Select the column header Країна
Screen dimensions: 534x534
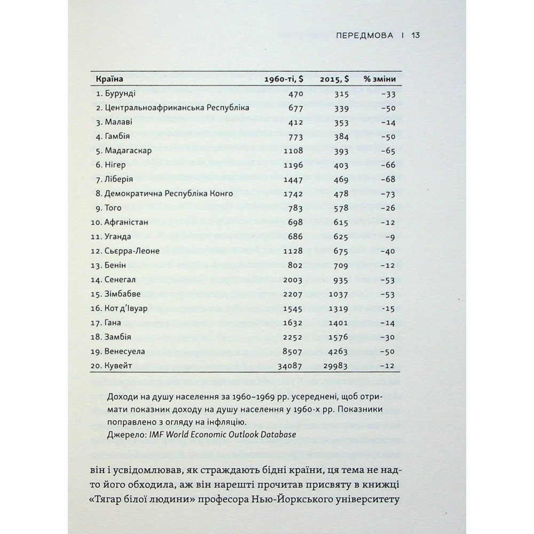pos(109,80)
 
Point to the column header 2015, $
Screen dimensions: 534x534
pos(334,80)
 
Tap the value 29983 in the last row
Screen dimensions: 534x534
pos(336,365)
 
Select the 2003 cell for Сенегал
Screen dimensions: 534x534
pos(294,279)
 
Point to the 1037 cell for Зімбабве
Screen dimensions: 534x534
pos(339,294)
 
